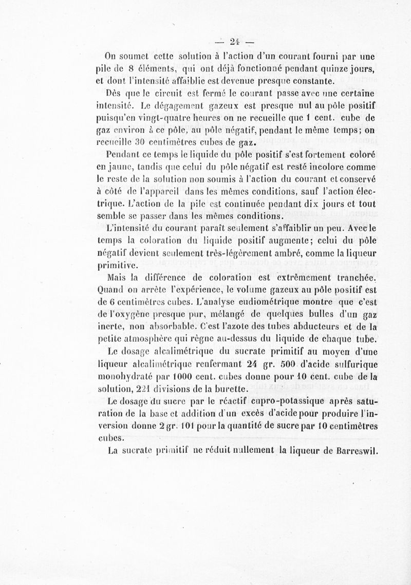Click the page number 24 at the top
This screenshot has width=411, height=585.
236,42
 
